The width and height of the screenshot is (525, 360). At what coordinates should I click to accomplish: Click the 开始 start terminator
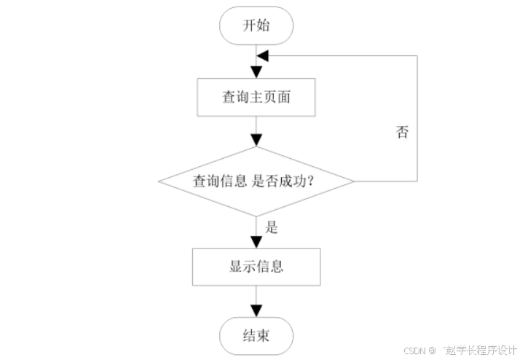[x=256, y=26]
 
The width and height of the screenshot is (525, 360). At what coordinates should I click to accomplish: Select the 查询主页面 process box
[x=256, y=97]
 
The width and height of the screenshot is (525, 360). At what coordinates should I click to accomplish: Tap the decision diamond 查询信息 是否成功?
[x=256, y=181]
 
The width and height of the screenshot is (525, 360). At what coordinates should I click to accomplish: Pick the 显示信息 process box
[x=256, y=266]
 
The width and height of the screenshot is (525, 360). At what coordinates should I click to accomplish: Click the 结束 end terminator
[x=256, y=337]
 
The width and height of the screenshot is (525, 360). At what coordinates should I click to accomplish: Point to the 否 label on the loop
[x=402, y=133]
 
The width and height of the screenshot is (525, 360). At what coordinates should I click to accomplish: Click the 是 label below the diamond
[x=272, y=227]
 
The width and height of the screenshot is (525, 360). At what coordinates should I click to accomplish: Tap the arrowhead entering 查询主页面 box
[x=256, y=73]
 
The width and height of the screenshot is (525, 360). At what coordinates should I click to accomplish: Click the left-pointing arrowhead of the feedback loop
[x=263, y=56]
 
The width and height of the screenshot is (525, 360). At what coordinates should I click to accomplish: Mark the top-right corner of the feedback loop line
[x=417, y=56]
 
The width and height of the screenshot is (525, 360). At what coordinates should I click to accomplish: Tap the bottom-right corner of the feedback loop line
[x=417, y=181]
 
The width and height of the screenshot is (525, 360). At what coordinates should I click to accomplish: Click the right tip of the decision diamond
[x=354, y=181]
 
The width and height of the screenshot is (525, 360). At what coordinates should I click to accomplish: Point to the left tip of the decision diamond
[x=159, y=181]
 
